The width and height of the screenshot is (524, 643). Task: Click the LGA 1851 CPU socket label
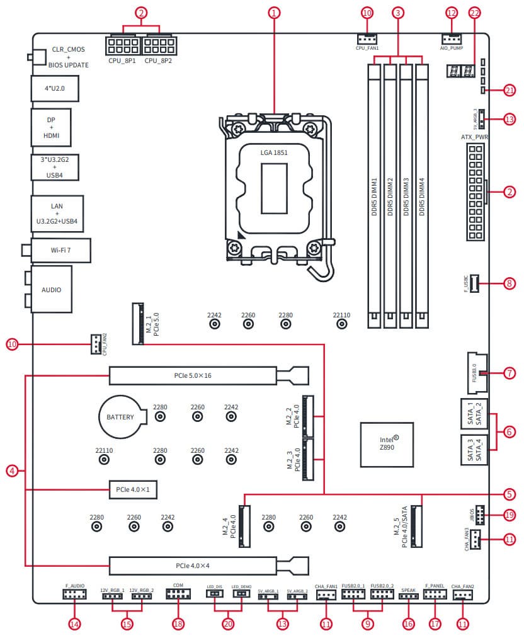point(273,152)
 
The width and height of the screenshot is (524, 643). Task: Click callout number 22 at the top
point(475,13)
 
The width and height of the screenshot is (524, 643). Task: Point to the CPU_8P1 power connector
point(123,45)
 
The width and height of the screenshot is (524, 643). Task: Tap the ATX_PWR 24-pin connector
point(475,191)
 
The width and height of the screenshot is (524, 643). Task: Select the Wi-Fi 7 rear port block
point(60,250)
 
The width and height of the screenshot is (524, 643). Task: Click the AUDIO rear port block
point(51,290)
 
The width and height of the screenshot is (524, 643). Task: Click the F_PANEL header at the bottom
point(435,594)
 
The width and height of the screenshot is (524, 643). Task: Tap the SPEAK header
point(408,595)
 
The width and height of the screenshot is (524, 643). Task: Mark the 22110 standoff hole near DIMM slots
point(342,324)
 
